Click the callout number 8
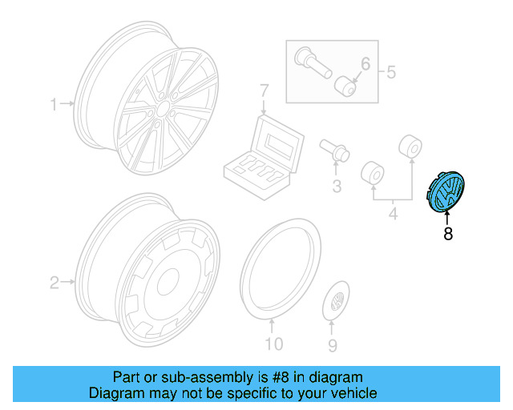point(447,234)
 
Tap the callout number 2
point(55,282)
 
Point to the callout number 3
point(337,187)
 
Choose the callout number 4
point(394,214)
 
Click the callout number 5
point(391,74)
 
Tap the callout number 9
point(333,345)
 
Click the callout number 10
point(274,345)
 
